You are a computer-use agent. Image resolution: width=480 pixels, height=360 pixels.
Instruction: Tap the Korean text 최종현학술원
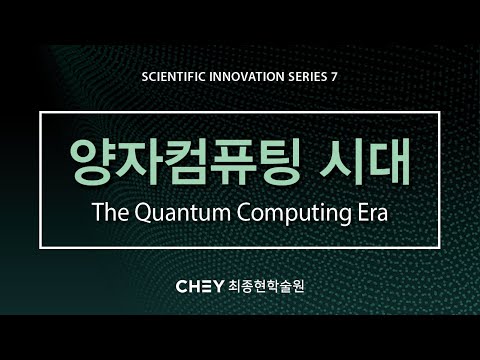[x=267, y=286]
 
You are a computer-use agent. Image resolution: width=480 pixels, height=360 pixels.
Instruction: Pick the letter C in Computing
[x=240, y=213]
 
